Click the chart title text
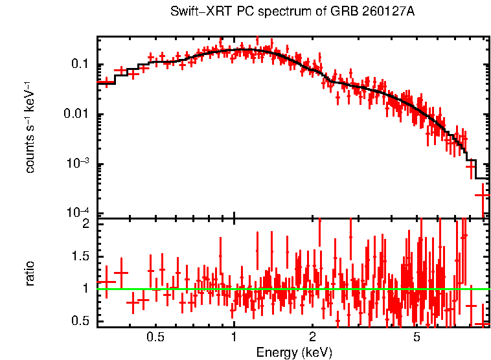tap(293, 12)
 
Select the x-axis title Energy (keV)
tap(294, 352)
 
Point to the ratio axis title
tap(30, 273)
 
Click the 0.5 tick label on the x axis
tap(155, 337)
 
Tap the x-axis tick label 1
tap(234, 337)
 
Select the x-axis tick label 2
tap(312, 337)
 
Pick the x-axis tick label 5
tap(417, 337)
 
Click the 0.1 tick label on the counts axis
tap(80, 64)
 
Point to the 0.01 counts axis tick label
tap(76, 115)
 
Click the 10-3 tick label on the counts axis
tap(78, 164)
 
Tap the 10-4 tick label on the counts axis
tap(78, 214)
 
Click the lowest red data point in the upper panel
tap(482, 194)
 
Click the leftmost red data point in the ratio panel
tap(106, 282)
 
